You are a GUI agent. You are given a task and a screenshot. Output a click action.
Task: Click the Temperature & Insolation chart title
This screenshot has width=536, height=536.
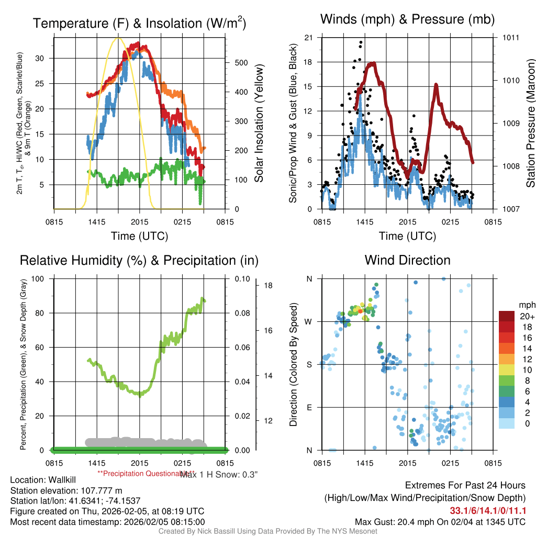coord(139,24)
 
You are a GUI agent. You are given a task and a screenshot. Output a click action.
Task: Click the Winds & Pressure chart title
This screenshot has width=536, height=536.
coord(407,19)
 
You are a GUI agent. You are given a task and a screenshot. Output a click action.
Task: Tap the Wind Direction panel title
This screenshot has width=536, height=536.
coord(407,260)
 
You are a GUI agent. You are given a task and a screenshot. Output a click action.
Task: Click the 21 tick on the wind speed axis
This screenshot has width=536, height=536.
coord(308,37)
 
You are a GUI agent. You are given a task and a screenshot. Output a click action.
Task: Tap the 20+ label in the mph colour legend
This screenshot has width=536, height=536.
coord(527,316)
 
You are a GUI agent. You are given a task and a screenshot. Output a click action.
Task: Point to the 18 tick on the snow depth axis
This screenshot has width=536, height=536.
coord(267,286)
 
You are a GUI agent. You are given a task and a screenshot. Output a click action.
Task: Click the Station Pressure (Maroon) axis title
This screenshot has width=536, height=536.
coord(530,123)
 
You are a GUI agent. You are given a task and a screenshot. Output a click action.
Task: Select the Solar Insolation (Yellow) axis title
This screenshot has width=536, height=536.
coord(259,123)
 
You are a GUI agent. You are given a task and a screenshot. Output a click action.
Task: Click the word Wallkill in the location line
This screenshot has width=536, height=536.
coord(62,480)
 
